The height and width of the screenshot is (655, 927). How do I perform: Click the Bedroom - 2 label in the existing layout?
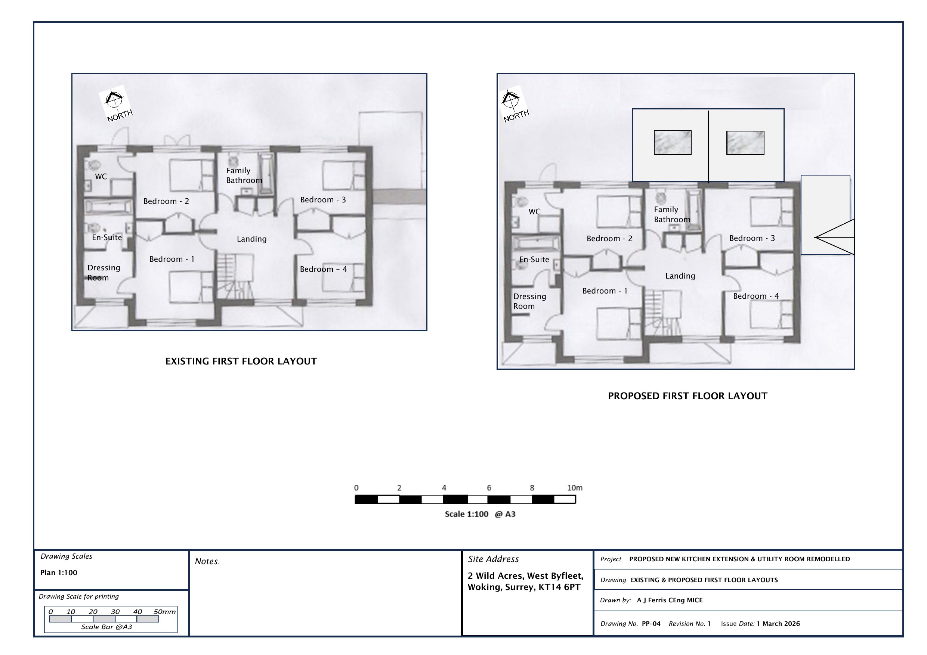click(166, 201)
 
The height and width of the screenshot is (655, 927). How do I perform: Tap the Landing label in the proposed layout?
click(680, 276)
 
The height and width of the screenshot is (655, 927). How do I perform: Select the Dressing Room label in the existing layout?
click(104, 272)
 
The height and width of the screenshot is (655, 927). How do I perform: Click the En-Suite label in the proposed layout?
click(534, 260)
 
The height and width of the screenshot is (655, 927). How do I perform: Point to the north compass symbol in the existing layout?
click(115, 104)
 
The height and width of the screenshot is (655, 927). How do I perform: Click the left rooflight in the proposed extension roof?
click(673, 142)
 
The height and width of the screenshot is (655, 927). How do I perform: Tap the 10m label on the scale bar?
click(575, 488)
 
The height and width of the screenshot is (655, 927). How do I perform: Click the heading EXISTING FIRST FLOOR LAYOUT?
click(241, 361)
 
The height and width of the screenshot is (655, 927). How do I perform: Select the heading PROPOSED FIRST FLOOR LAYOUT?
click(687, 396)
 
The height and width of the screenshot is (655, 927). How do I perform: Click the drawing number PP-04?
click(651, 624)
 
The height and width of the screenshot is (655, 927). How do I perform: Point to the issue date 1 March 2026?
click(778, 624)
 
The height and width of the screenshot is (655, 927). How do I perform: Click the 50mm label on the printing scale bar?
click(164, 612)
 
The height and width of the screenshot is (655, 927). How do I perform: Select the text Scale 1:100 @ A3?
click(480, 514)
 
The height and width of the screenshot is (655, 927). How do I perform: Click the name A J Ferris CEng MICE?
click(670, 600)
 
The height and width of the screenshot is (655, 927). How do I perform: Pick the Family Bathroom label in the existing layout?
click(244, 176)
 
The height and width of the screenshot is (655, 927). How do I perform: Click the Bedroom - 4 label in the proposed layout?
click(756, 296)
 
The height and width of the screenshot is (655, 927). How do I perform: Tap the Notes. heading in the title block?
click(207, 561)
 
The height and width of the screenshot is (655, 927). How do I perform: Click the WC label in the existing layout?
click(101, 176)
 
